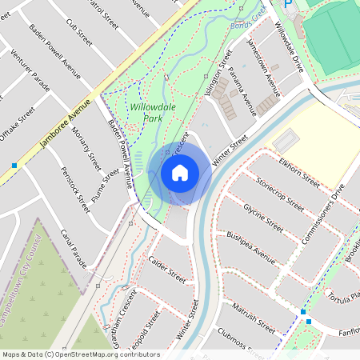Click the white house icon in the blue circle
(x=180, y=172)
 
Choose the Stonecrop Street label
(x=281, y=194)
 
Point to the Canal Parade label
(x=74, y=248)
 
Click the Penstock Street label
(x=73, y=190)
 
